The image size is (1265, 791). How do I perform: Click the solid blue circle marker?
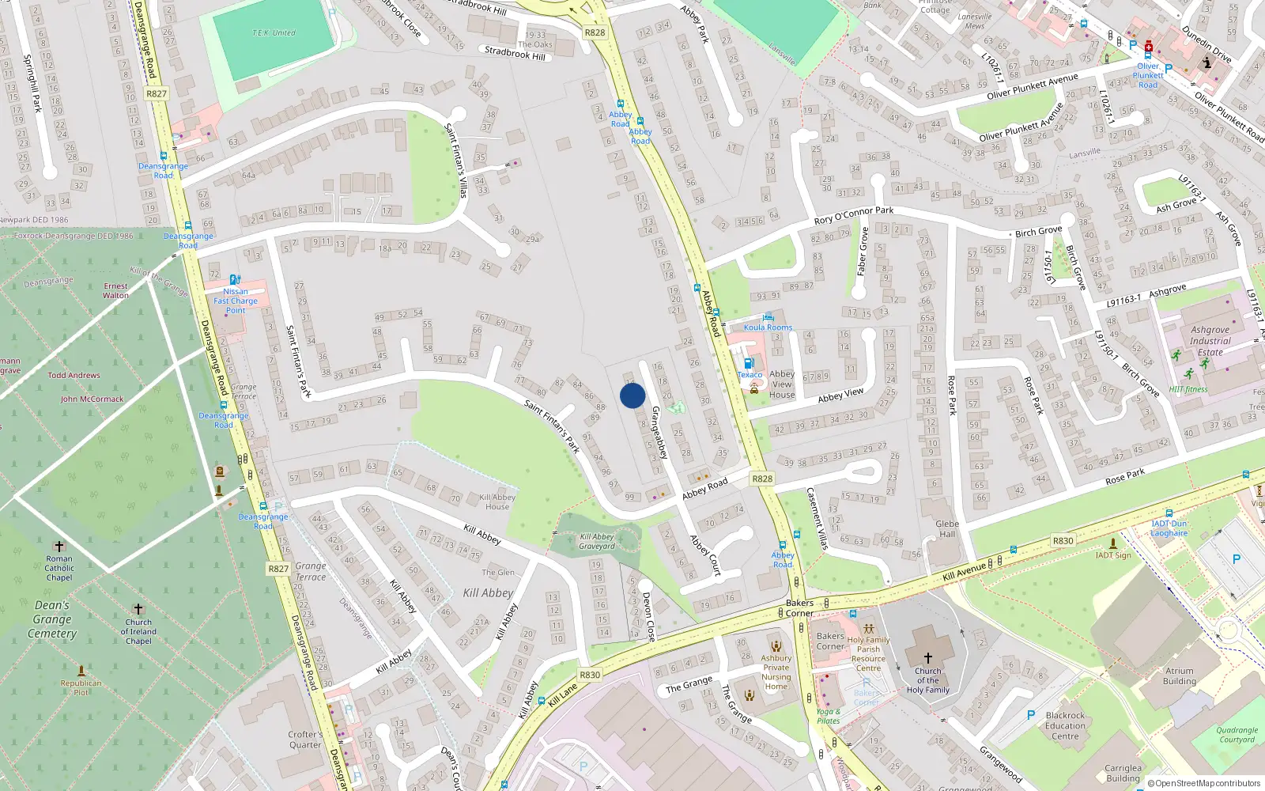pyautogui.click(x=632, y=395)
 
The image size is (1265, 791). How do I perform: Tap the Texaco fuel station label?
pyautogui.click(x=750, y=375)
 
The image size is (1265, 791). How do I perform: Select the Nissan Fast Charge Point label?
pyautogui.click(x=236, y=301)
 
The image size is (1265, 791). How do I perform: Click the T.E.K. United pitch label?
pyautogui.click(x=274, y=32)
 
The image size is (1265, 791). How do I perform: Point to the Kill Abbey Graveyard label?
pyautogui.click(x=597, y=541)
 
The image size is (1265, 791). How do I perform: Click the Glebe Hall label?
pyautogui.click(x=947, y=528)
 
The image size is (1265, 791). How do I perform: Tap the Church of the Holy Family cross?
pyautogui.click(x=928, y=657)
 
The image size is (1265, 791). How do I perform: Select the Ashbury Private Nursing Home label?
pyautogui.click(x=776, y=672)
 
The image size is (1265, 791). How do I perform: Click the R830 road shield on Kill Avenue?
pyautogui.click(x=1063, y=541)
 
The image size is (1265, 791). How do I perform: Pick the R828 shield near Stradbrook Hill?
pyautogui.click(x=595, y=32)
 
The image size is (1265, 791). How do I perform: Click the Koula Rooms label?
pyautogui.click(x=768, y=327)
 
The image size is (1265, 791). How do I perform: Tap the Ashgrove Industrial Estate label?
pyautogui.click(x=1210, y=341)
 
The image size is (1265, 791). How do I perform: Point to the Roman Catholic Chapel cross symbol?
pyautogui.click(x=59, y=547)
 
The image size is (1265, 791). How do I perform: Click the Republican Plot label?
pyautogui.click(x=81, y=687)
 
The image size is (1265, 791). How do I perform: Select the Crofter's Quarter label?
pyautogui.click(x=305, y=739)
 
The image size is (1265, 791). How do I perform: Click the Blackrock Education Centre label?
pyautogui.click(x=1065, y=725)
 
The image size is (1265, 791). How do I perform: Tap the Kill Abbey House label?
pyautogui.click(x=497, y=501)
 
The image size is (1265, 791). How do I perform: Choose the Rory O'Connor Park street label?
pyautogui.click(x=854, y=215)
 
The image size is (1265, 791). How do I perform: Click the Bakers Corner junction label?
pyautogui.click(x=799, y=607)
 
